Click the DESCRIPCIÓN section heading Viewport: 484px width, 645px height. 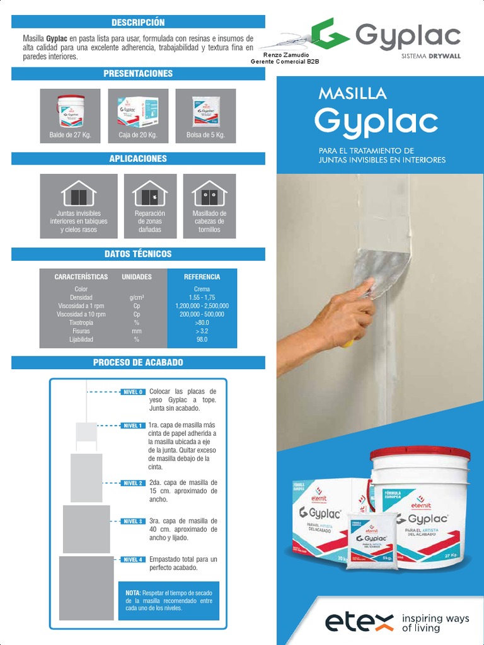[138, 23]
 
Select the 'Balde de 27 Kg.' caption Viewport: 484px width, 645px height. [69, 135]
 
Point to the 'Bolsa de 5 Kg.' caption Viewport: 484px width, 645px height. [205, 135]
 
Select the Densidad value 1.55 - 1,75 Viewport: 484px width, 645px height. [202, 297]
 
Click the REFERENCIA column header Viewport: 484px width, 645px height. [202, 277]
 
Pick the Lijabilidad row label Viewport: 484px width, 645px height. [81, 339]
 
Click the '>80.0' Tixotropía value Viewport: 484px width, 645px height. [202, 322]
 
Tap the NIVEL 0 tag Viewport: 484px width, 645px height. [133, 392]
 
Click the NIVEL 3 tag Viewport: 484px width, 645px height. [133, 522]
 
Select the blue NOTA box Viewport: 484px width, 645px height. [169, 600]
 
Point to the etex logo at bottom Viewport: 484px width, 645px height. [359, 622]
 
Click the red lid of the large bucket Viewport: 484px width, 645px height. [420, 455]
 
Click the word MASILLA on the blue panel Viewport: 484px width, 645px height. [352, 94]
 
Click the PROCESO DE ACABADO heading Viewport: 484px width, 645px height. [138, 362]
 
